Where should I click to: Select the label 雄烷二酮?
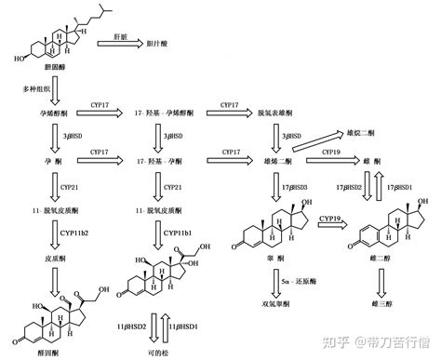point(364,132)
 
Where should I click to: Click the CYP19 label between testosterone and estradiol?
point(332,218)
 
